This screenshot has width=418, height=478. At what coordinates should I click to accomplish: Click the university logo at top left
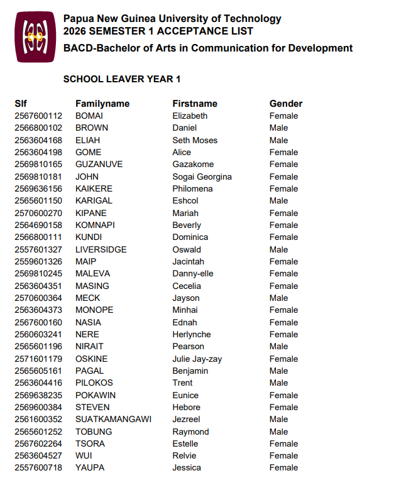click(x=35, y=37)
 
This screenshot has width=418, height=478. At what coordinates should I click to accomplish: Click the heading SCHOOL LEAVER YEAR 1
click(x=122, y=79)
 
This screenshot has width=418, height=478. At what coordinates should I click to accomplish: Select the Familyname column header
click(x=102, y=104)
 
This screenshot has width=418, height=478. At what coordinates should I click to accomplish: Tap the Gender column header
click(x=286, y=104)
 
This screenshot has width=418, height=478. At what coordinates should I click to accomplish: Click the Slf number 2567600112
click(x=38, y=116)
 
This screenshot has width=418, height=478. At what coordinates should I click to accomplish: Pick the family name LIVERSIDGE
click(x=101, y=249)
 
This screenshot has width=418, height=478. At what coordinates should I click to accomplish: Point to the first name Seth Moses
click(x=195, y=140)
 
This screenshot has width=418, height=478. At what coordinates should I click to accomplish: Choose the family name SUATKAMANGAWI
click(x=113, y=420)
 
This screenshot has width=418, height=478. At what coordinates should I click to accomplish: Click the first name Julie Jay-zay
click(x=197, y=359)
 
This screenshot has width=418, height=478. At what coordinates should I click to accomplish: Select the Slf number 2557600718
click(x=38, y=468)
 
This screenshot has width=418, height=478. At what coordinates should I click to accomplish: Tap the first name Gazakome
click(x=193, y=164)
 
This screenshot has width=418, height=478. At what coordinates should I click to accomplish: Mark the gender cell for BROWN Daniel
click(x=278, y=128)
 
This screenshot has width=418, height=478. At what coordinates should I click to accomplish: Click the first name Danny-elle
click(x=193, y=273)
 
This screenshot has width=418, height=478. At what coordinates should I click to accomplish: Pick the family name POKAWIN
click(x=96, y=395)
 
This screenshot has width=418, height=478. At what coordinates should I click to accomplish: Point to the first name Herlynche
click(x=192, y=334)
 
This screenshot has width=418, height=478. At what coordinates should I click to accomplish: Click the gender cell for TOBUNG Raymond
click(x=278, y=432)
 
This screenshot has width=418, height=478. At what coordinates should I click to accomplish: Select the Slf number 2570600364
click(x=38, y=298)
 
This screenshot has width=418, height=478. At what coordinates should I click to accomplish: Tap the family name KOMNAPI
click(x=95, y=225)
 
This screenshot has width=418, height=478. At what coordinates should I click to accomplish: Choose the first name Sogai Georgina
click(x=202, y=177)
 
